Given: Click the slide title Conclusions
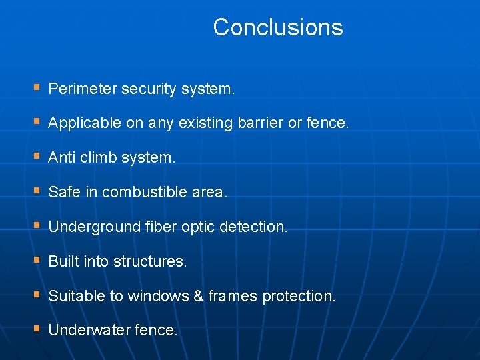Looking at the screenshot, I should pyautogui.click(x=278, y=27).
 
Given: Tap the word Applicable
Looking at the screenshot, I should pyautogui.click(x=85, y=123).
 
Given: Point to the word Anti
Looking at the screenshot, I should pyautogui.click(x=60, y=158).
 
